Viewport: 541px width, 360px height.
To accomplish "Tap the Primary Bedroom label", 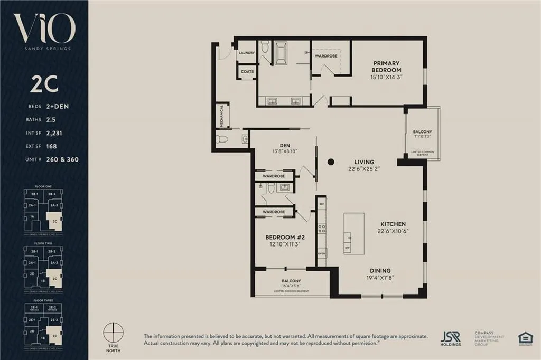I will [x=386, y=67].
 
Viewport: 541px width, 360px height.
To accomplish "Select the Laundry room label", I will [x=247, y=53].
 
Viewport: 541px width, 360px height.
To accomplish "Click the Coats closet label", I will [x=247, y=71].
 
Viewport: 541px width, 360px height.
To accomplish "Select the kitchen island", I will [x=353, y=234].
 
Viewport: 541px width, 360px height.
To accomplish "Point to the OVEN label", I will [x=321, y=254].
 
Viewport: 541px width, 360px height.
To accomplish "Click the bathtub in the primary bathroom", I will [x=278, y=54].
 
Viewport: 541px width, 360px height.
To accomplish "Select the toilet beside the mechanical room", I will [x=222, y=139].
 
